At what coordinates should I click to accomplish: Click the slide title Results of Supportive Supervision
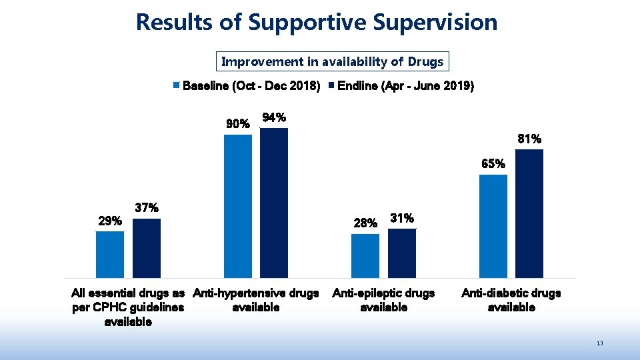[x=317, y=22]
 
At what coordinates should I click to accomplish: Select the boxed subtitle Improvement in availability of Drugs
[x=332, y=62]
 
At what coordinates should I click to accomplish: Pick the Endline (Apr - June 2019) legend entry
[x=406, y=86]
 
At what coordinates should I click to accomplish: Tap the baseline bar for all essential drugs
[x=110, y=254]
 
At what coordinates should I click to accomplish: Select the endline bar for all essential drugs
[x=147, y=248]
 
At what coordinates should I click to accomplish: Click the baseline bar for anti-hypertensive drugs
[x=238, y=206]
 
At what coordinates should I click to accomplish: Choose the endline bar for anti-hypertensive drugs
[x=274, y=203]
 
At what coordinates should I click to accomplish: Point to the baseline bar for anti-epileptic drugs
[x=365, y=255]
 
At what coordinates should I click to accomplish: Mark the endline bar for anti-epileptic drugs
[x=402, y=253]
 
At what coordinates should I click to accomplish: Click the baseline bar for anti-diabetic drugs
[x=493, y=226]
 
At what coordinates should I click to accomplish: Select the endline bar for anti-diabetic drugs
[x=529, y=213]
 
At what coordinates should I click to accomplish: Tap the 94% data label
[x=275, y=118]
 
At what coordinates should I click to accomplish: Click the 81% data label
[x=529, y=139]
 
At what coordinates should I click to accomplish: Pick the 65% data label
[x=493, y=164]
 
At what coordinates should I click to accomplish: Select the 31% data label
[x=402, y=218]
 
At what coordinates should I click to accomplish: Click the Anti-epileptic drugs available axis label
[x=383, y=300]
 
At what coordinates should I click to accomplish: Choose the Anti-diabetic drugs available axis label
[x=511, y=300]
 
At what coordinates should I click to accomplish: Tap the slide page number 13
[x=600, y=343]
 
